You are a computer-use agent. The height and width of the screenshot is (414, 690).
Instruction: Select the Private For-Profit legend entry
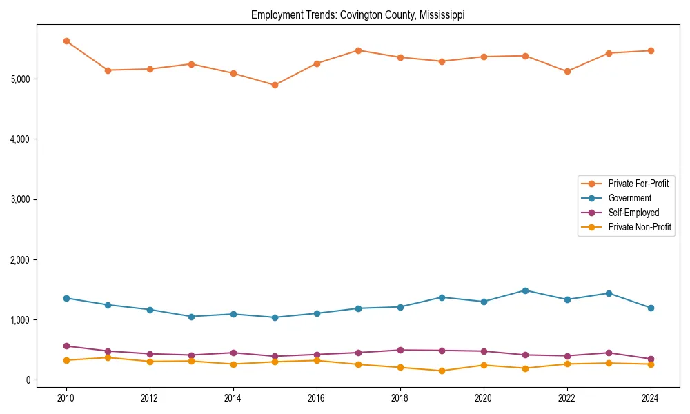pos(638,184)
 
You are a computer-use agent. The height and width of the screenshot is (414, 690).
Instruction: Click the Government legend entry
pos(629,198)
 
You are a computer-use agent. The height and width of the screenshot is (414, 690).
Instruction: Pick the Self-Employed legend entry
pos(633,213)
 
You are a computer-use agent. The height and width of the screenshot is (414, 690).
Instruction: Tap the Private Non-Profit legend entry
pos(640,227)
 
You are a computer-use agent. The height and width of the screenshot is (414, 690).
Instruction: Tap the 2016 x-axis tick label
pos(316,398)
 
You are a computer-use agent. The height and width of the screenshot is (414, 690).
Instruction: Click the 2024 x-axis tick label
pos(650,398)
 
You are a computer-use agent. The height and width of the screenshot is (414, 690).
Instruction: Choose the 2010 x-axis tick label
pos(66,398)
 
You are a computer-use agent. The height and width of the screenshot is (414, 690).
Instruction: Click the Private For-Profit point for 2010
pos(66,41)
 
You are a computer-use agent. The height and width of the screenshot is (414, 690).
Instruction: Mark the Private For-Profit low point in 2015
pos(275,86)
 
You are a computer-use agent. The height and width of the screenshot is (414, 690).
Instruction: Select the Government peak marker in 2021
pos(525,290)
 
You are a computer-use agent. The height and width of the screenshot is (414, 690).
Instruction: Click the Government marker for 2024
pos(650,308)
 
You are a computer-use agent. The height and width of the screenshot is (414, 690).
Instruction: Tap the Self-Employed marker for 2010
pos(66,346)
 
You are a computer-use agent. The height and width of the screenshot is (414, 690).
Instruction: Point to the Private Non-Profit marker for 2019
pos(442,371)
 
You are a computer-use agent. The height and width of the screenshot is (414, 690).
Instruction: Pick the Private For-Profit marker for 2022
pos(567,71)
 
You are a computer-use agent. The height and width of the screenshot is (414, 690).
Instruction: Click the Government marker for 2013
pos(191,317)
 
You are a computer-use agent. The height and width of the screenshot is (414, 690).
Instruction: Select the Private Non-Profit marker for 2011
pos(108,357)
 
